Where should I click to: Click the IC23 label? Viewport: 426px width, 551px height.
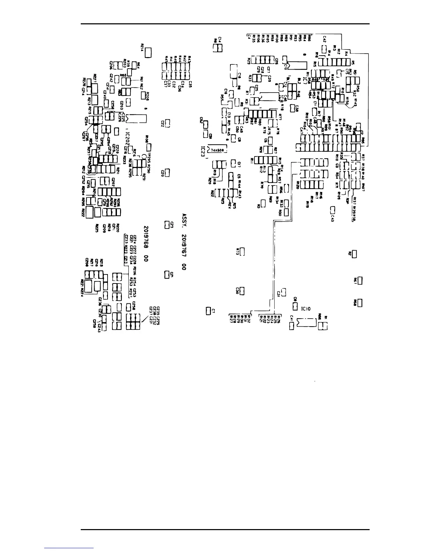[204, 148]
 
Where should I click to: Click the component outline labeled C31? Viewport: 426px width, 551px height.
[284, 291]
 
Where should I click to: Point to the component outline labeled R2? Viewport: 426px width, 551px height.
[354, 254]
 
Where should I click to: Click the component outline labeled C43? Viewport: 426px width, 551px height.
[332, 209]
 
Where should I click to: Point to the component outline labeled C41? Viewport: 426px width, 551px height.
[292, 326]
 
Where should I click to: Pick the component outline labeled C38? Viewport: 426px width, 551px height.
[292, 108]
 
